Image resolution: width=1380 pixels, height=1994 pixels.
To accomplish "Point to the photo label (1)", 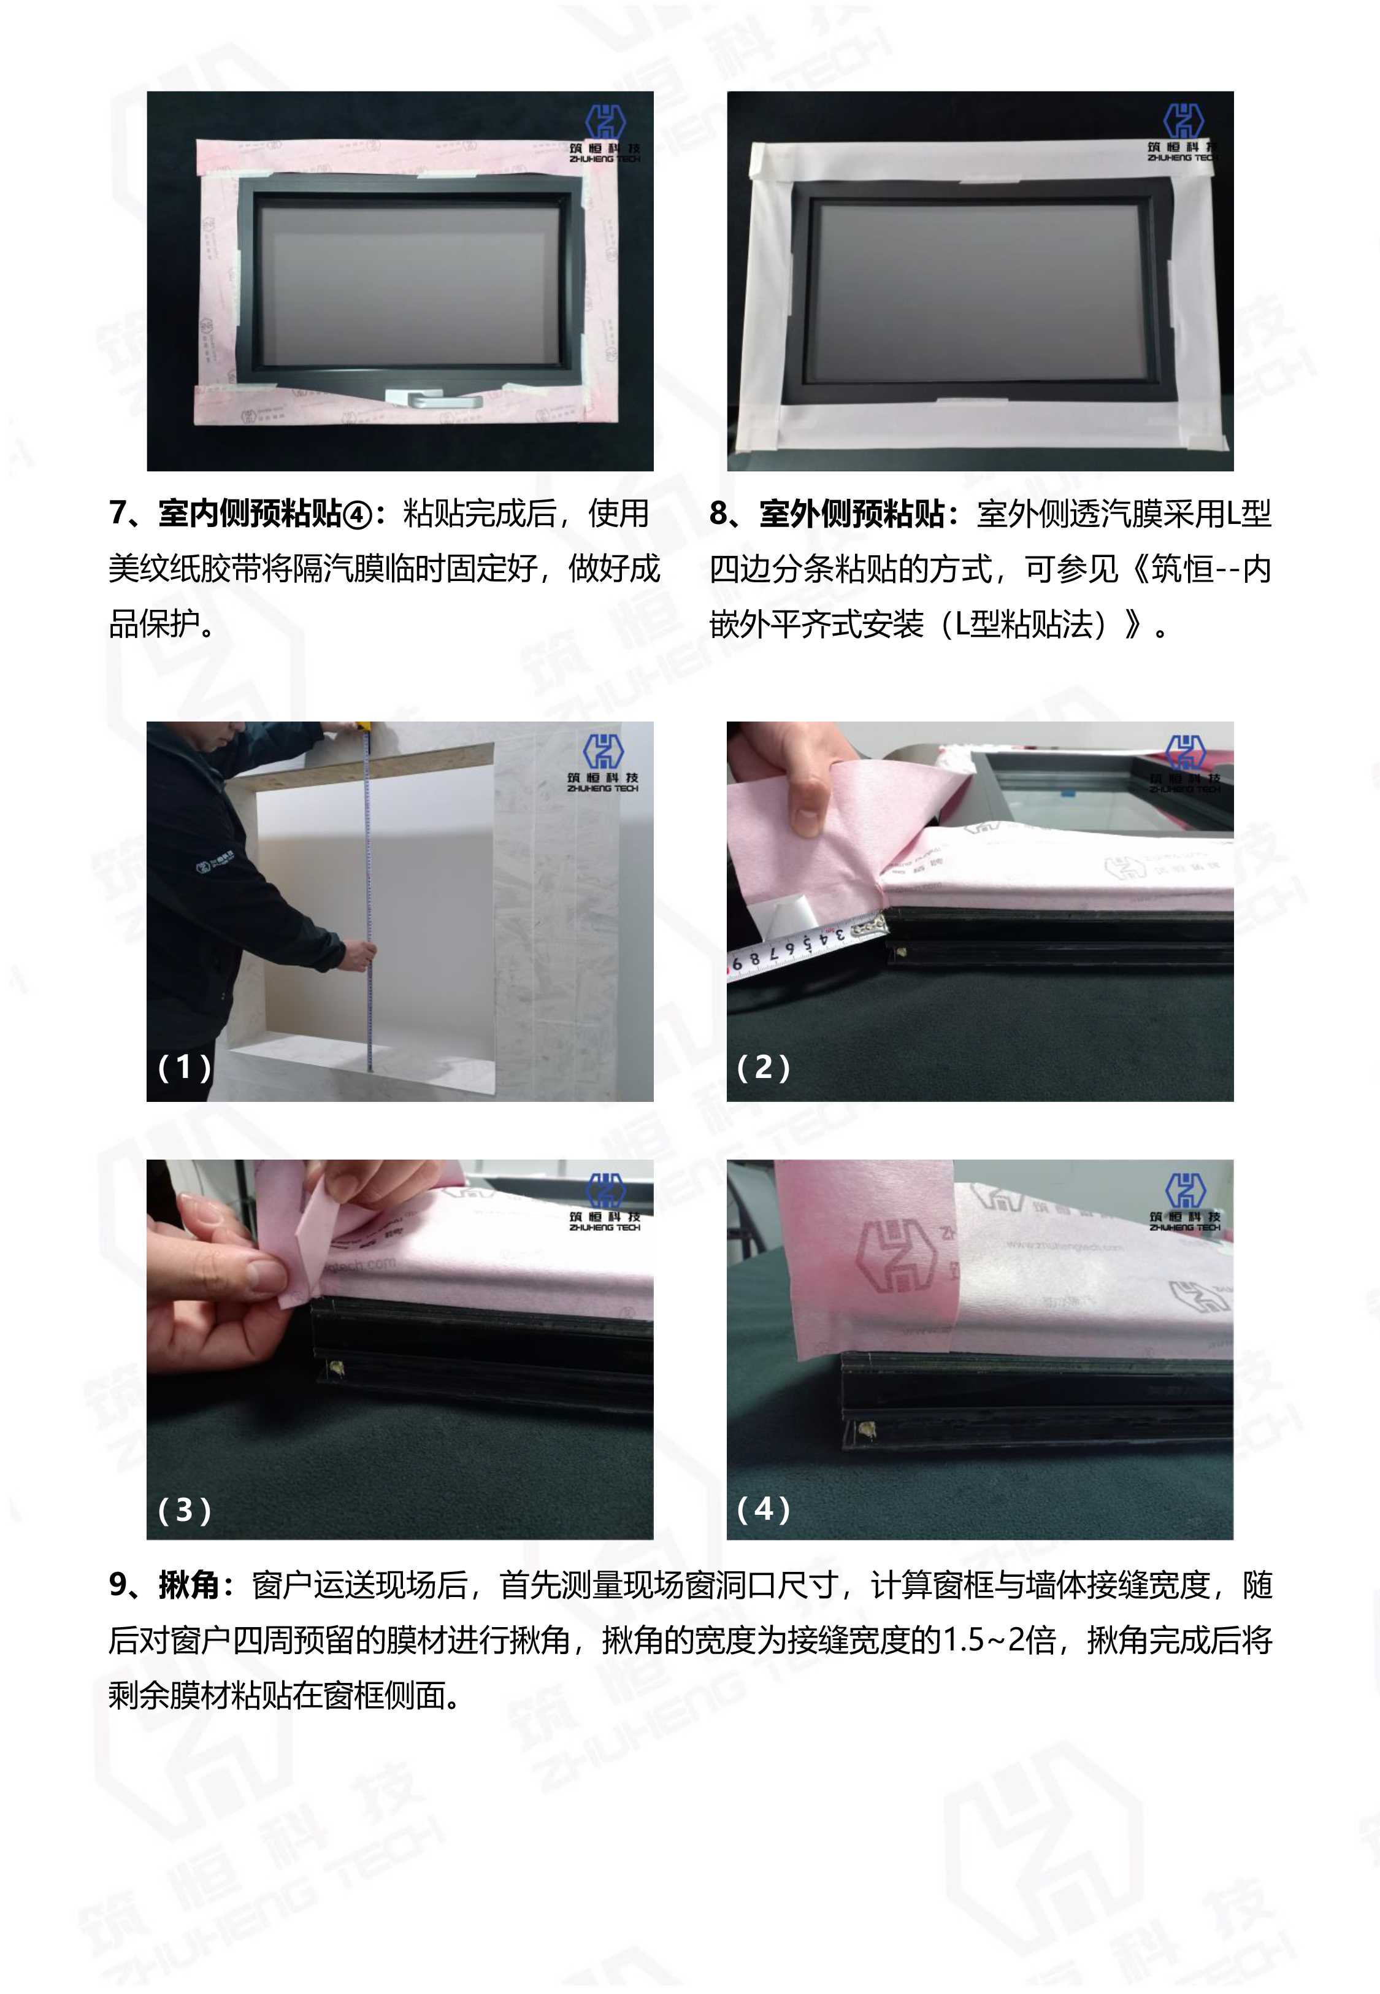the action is tap(184, 1067).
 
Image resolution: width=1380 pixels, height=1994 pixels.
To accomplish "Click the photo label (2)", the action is tap(762, 1067).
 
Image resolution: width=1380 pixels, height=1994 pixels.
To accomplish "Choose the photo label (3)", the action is tap(184, 1510).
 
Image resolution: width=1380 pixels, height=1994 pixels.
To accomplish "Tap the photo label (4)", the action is tap(762, 1510).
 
